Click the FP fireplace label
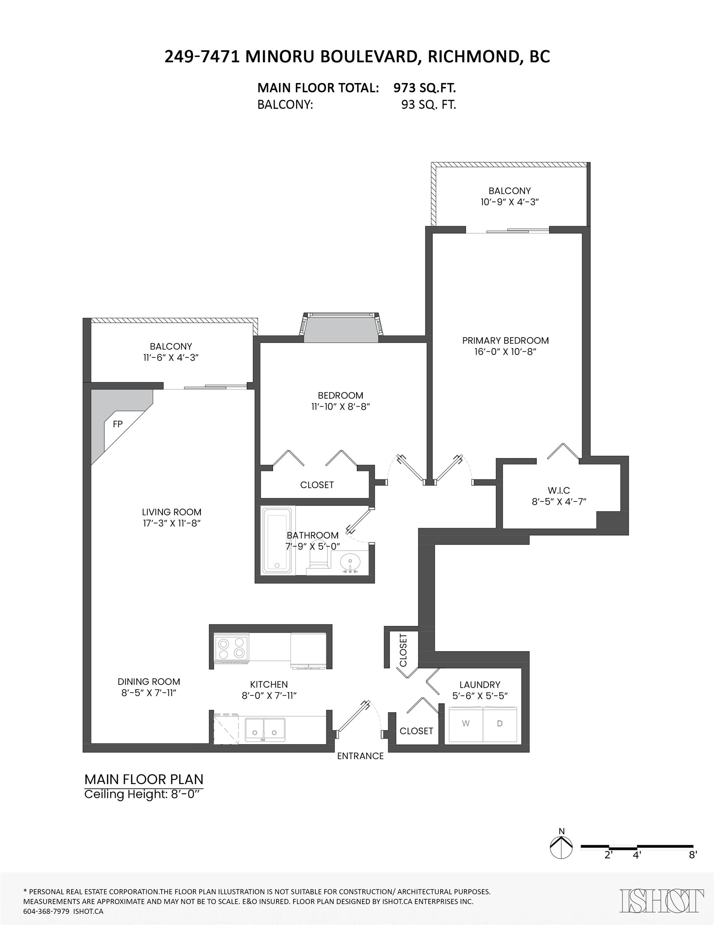[x=118, y=424]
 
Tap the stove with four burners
[x=231, y=648]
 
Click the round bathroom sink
[x=351, y=562]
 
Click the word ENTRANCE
[x=360, y=756]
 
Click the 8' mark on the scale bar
[x=692, y=855]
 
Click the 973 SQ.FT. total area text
[x=424, y=88]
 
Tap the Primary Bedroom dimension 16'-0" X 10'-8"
[x=505, y=352]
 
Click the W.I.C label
[x=559, y=491]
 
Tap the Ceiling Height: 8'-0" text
[x=142, y=794]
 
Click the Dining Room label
[x=148, y=681]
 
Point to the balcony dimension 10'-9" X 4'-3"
[x=509, y=202]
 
